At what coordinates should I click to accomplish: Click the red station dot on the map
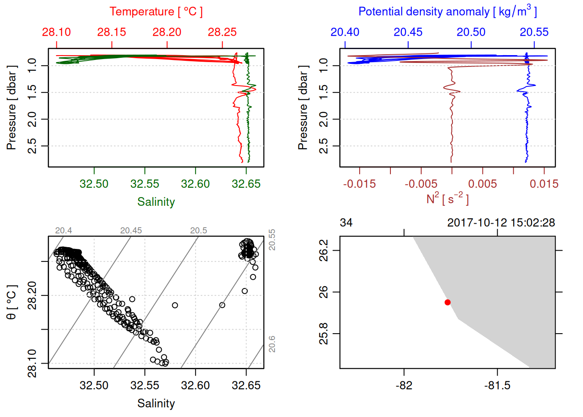(448, 302)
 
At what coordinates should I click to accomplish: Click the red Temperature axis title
(156, 12)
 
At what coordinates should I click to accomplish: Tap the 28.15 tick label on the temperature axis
(112, 32)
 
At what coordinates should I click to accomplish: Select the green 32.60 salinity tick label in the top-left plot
(195, 184)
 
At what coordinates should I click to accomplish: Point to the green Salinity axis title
(156, 202)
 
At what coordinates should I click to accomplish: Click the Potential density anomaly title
(447, 12)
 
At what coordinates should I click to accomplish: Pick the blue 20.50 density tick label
(471, 32)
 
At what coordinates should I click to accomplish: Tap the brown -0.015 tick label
(359, 184)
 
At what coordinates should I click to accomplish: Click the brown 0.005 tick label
(482, 184)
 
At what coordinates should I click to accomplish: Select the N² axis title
(447, 199)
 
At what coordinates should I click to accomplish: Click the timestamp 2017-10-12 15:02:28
(501, 223)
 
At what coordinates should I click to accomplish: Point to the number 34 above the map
(346, 223)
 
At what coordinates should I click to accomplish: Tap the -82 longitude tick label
(404, 385)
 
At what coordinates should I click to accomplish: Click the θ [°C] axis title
(11, 302)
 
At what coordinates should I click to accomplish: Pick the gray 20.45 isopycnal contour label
(131, 231)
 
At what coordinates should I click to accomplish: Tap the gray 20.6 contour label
(272, 344)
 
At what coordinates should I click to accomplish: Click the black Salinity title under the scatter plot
(156, 404)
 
